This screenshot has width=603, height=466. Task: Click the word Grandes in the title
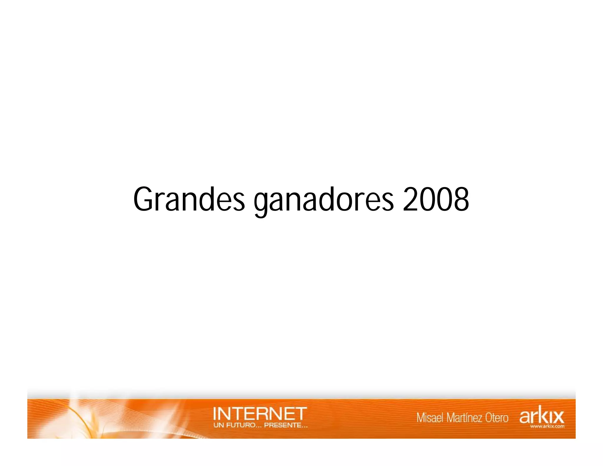[x=189, y=199]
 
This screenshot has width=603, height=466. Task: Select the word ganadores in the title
[x=323, y=200]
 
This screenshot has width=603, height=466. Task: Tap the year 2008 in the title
[x=435, y=199]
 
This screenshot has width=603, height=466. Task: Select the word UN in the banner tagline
[x=218, y=425]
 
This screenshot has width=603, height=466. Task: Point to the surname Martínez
[x=465, y=418]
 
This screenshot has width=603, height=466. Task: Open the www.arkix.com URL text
[x=547, y=426]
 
